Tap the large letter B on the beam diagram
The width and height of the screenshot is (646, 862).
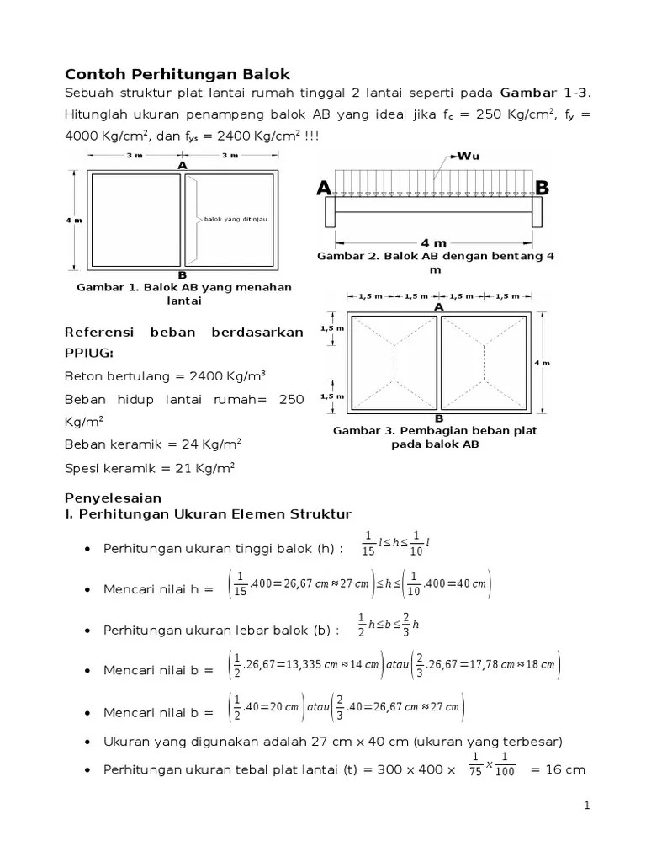[x=542, y=188]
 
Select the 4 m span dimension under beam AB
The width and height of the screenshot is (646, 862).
[x=433, y=243]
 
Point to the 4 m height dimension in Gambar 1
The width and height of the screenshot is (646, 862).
[x=74, y=220]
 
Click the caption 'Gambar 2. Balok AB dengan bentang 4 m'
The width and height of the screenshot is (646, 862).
[x=435, y=263]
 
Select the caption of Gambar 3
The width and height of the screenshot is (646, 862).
[x=435, y=437]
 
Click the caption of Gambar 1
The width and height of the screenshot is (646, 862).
[x=183, y=293]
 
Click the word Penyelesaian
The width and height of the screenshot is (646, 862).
[x=113, y=498]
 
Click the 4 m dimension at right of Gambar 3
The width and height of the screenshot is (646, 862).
[x=543, y=363]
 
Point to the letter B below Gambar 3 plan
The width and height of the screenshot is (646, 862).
[x=438, y=418]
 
